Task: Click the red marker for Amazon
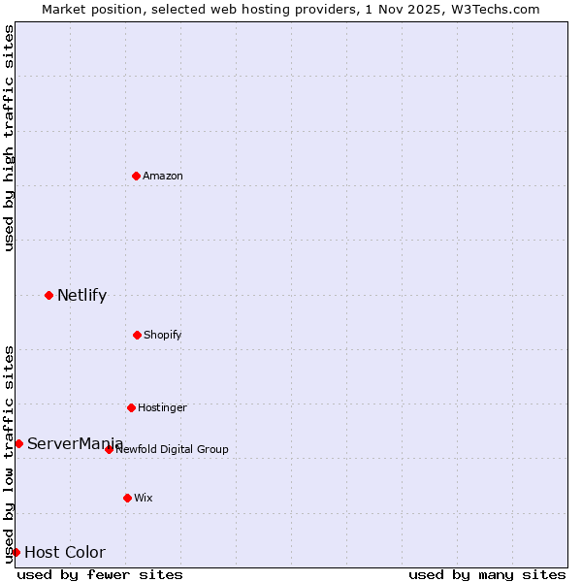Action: coord(136,176)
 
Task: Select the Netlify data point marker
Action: coord(48,295)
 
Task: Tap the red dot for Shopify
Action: coord(137,335)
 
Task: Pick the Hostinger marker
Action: coord(131,407)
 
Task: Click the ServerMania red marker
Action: coord(18,443)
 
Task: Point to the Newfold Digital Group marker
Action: coord(109,449)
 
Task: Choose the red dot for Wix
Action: coord(127,498)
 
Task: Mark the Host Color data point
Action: coord(16,552)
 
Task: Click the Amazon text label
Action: coord(163,176)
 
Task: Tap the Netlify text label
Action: coord(81,295)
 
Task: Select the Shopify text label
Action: coord(163,335)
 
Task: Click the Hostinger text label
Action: coord(162,407)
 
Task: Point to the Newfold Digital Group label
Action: coord(173,449)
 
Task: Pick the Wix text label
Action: coord(144,498)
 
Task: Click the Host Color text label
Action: coord(65,552)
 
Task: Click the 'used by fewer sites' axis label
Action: coord(100,574)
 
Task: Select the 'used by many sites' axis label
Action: coord(487,574)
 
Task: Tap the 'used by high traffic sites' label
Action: coord(9,138)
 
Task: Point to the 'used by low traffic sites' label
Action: coord(9,453)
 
